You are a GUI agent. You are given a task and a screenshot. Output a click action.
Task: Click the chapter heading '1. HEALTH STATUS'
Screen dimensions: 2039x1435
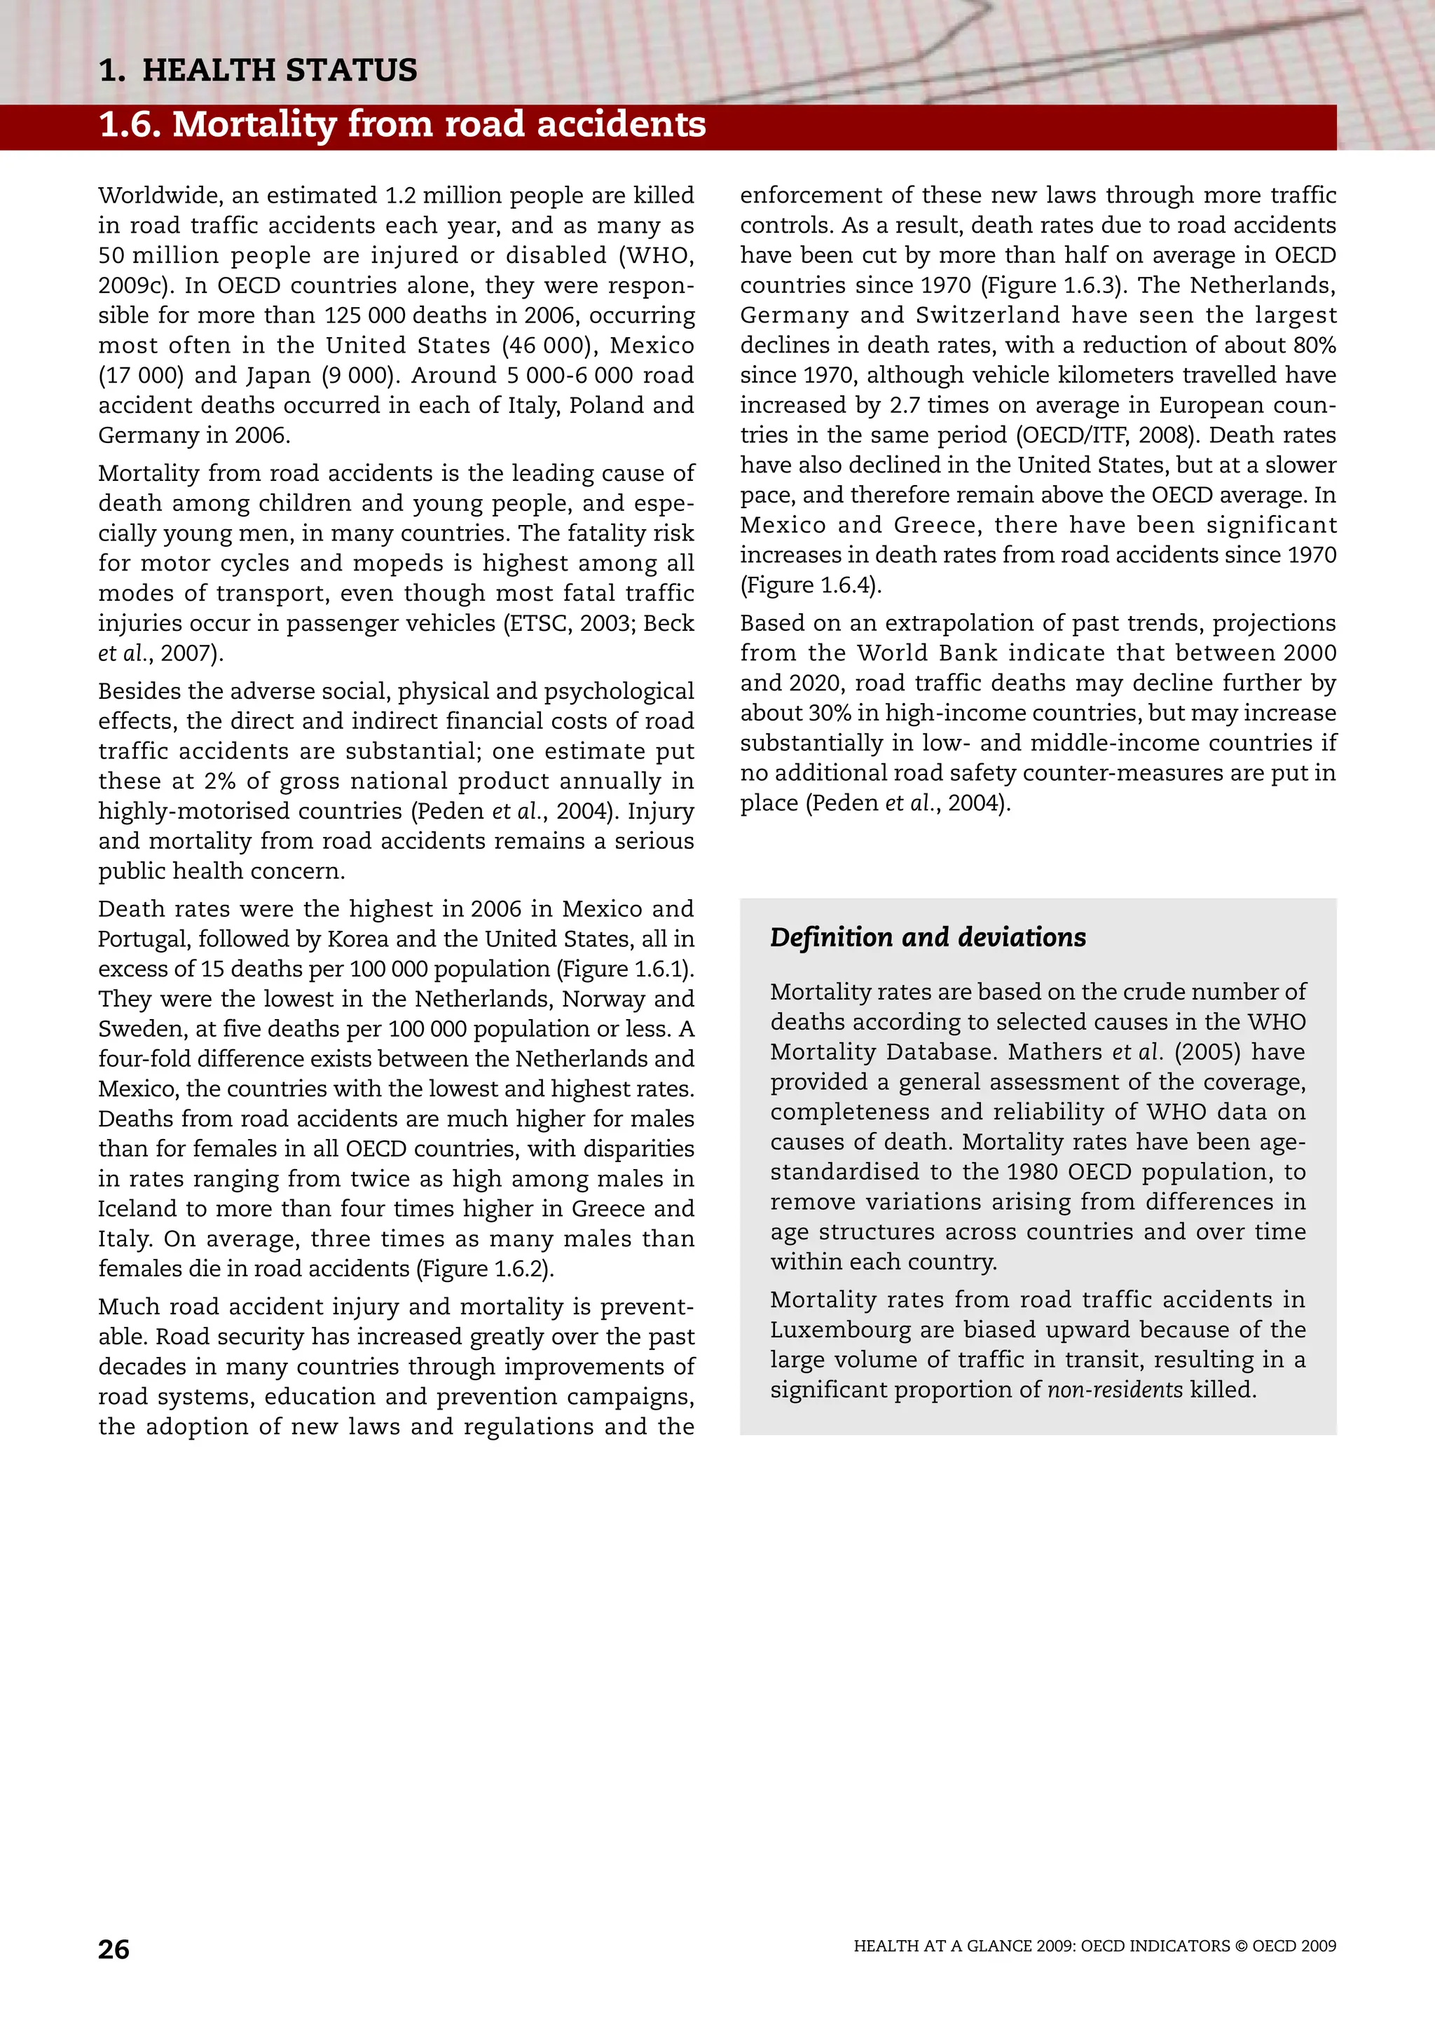(258, 70)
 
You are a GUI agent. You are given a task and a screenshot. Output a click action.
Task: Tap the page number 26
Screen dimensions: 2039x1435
(114, 1949)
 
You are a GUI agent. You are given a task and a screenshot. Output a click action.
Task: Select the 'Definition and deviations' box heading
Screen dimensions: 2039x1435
(927, 938)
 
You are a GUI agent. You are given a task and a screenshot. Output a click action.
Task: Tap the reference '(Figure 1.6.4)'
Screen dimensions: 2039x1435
(811, 585)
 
